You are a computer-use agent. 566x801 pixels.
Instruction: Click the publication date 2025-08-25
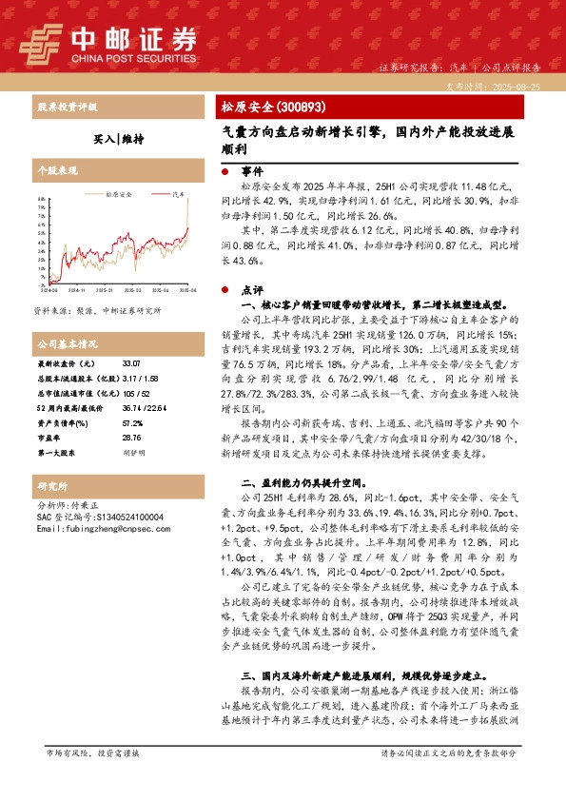click(520, 86)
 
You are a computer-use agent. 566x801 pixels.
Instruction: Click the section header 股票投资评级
click(67, 107)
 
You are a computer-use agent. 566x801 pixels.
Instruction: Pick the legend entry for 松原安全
click(119, 194)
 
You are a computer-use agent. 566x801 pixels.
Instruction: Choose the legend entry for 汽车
click(177, 194)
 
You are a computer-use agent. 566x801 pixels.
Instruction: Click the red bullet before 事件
click(224, 171)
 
